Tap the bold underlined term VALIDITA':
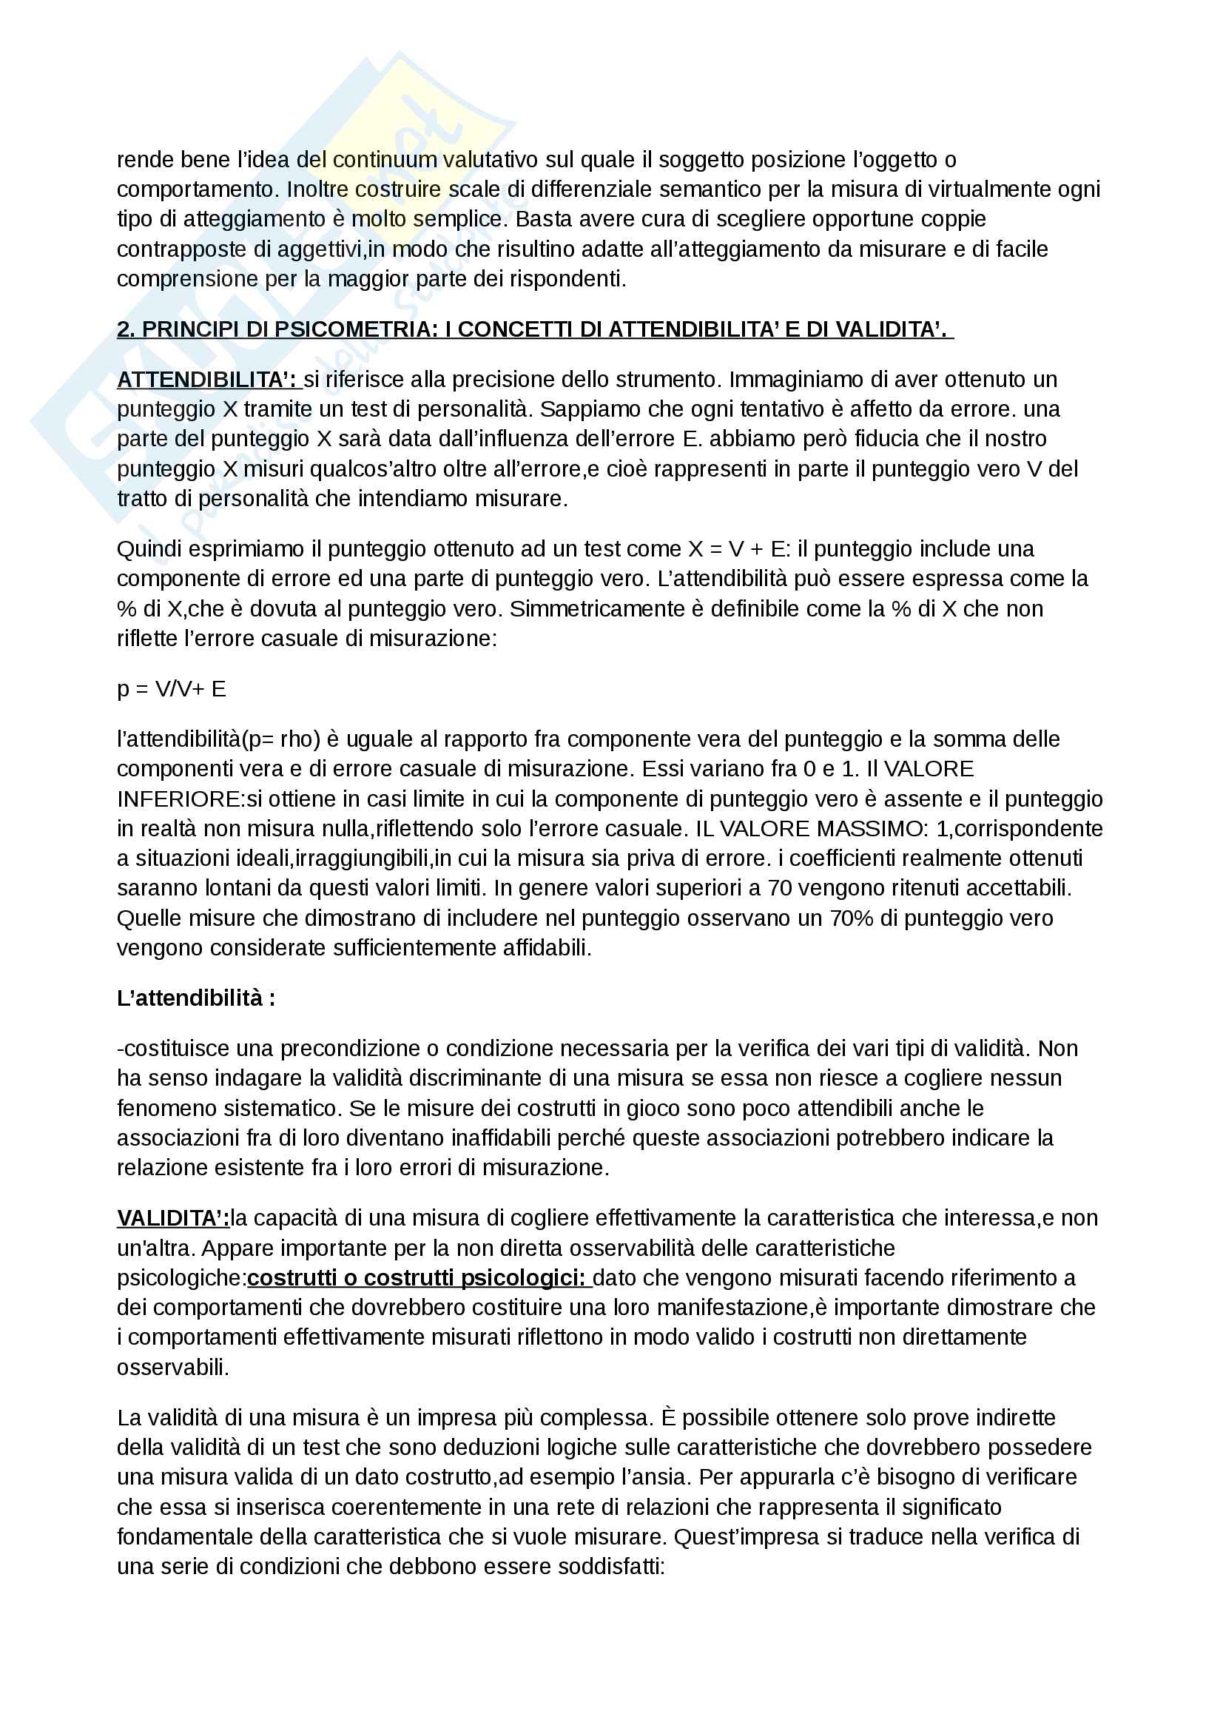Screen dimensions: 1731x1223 point(172,1217)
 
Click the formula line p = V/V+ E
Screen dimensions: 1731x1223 point(171,688)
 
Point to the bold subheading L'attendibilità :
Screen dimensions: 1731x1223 point(196,998)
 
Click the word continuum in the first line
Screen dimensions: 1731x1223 point(385,160)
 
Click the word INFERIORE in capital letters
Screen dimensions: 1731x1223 point(178,799)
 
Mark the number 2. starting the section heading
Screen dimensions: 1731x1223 point(126,329)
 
